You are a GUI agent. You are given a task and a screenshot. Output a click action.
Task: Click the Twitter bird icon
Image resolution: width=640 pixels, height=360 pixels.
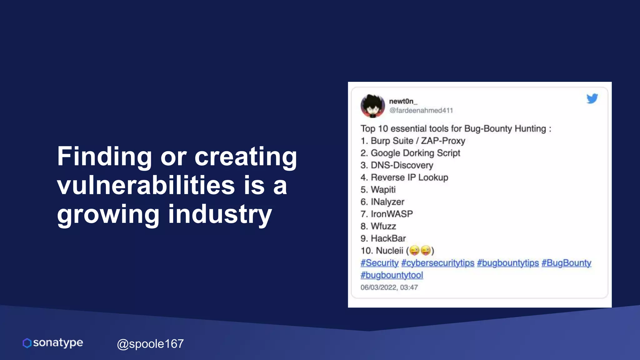coord(592,98)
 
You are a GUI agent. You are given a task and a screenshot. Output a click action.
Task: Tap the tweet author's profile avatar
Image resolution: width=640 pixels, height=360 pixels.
coord(372,106)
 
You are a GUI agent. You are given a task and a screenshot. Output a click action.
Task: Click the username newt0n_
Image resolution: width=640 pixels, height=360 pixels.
coord(403,101)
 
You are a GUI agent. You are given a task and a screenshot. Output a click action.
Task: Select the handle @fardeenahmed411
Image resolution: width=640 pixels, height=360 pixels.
coord(421,110)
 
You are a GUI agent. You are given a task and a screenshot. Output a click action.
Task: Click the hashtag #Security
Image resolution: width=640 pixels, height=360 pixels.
coord(379,263)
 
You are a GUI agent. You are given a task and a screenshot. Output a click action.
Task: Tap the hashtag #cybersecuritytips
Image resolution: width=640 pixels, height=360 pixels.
coord(437,263)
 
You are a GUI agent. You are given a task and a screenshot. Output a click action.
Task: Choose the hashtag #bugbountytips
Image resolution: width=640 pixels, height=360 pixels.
coord(508,263)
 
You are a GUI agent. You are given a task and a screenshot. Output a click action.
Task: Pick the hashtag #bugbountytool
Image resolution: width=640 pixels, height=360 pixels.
coord(392,275)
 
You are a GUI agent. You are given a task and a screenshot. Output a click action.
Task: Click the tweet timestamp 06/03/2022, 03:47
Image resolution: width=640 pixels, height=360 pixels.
coord(389,287)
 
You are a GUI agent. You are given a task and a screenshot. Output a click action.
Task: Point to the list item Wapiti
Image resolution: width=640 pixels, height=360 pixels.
coord(383,190)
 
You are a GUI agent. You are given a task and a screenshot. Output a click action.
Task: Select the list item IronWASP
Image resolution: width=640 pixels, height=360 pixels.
coord(392,214)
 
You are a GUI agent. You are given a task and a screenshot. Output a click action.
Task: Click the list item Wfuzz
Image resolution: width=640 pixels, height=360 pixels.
coord(383,226)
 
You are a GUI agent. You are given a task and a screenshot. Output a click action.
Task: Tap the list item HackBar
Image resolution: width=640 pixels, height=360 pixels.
coord(388,238)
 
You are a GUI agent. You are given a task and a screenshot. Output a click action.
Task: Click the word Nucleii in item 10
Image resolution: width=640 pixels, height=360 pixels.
coord(389,251)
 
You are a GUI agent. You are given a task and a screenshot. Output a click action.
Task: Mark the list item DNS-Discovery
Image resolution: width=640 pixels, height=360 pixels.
coord(402,165)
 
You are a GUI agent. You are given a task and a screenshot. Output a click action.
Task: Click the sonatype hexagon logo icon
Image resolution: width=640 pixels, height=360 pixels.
coord(27,343)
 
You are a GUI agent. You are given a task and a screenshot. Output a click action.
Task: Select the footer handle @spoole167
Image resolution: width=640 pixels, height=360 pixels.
coord(150,344)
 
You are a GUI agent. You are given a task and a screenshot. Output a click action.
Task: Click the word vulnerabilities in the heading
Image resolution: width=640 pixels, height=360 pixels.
coord(146,185)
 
